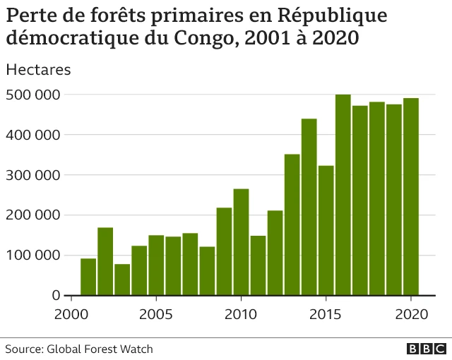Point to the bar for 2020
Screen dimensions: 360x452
410,197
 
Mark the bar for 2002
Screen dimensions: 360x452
105,261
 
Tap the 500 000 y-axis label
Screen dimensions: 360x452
32,95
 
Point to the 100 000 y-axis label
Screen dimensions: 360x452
32,256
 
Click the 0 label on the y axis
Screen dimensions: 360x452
55,296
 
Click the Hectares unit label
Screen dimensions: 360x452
38,70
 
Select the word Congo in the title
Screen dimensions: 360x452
205,38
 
